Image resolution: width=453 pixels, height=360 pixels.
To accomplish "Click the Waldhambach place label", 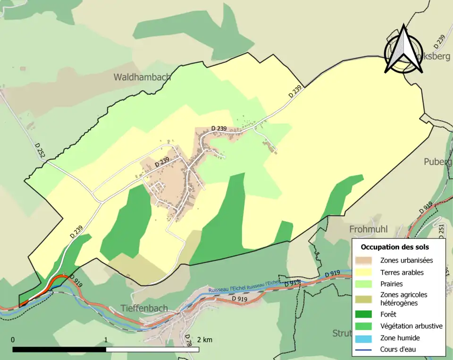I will [x=142, y=77].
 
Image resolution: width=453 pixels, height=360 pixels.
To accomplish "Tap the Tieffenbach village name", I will [x=144, y=308].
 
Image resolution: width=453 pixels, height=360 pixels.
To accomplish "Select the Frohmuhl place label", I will [x=369, y=229].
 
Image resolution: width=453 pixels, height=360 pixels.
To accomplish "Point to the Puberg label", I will [x=437, y=162].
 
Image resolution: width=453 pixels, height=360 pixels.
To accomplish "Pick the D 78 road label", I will [x=187, y=340].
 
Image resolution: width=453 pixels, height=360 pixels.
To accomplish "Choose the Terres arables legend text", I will [x=402, y=272].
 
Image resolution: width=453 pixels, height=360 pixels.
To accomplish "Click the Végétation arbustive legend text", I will [x=411, y=326].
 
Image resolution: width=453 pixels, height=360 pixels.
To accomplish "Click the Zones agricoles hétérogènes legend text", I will [x=403, y=299].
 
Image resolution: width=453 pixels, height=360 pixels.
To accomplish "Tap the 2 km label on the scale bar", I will [x=204, y=340].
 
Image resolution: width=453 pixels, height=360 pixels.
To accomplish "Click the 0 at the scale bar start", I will [x=13, y=340].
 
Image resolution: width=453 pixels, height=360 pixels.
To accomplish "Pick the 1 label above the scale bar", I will [x=106, y=340].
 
